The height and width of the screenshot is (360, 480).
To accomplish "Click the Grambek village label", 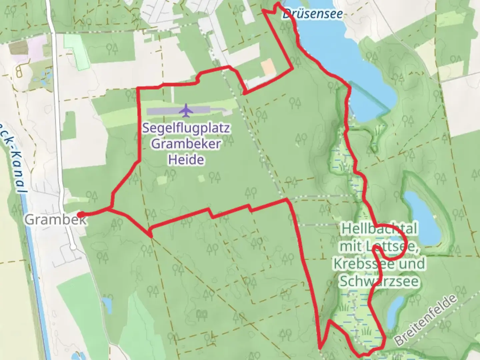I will (55, 220).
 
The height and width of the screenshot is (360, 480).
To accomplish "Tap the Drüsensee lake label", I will (312, 14).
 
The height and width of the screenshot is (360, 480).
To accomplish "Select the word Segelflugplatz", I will (186, 128).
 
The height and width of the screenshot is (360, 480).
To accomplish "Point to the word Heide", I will (186, 160).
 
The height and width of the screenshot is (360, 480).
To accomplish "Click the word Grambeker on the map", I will (186, 144).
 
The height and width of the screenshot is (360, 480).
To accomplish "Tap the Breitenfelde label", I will (426, 320).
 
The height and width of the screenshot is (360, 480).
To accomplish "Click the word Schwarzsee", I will (379, 282).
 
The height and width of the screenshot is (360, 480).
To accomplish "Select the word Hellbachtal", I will (379, 229).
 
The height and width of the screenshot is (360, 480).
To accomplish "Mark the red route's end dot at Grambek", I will (80, 214).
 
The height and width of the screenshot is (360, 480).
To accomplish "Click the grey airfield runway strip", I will (178, 111).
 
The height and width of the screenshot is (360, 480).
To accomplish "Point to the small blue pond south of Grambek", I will (107, 303).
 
